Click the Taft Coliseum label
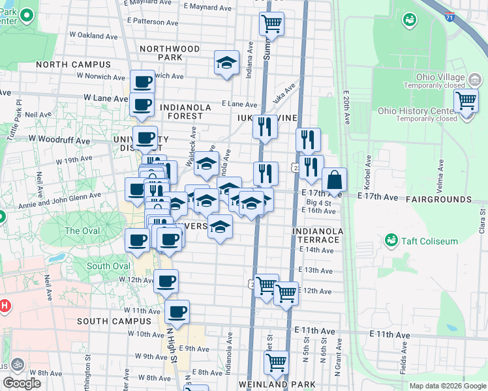click(431, 241)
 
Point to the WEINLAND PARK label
click(272, 384)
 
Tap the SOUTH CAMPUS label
click(114, 321)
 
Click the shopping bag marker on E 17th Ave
click(334, 181)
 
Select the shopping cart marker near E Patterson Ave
click(271, 25)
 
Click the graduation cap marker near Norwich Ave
click(226, 63)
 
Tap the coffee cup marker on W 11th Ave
click(177, 311)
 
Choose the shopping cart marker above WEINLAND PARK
click(277, 362)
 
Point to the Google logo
click(22, 383)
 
